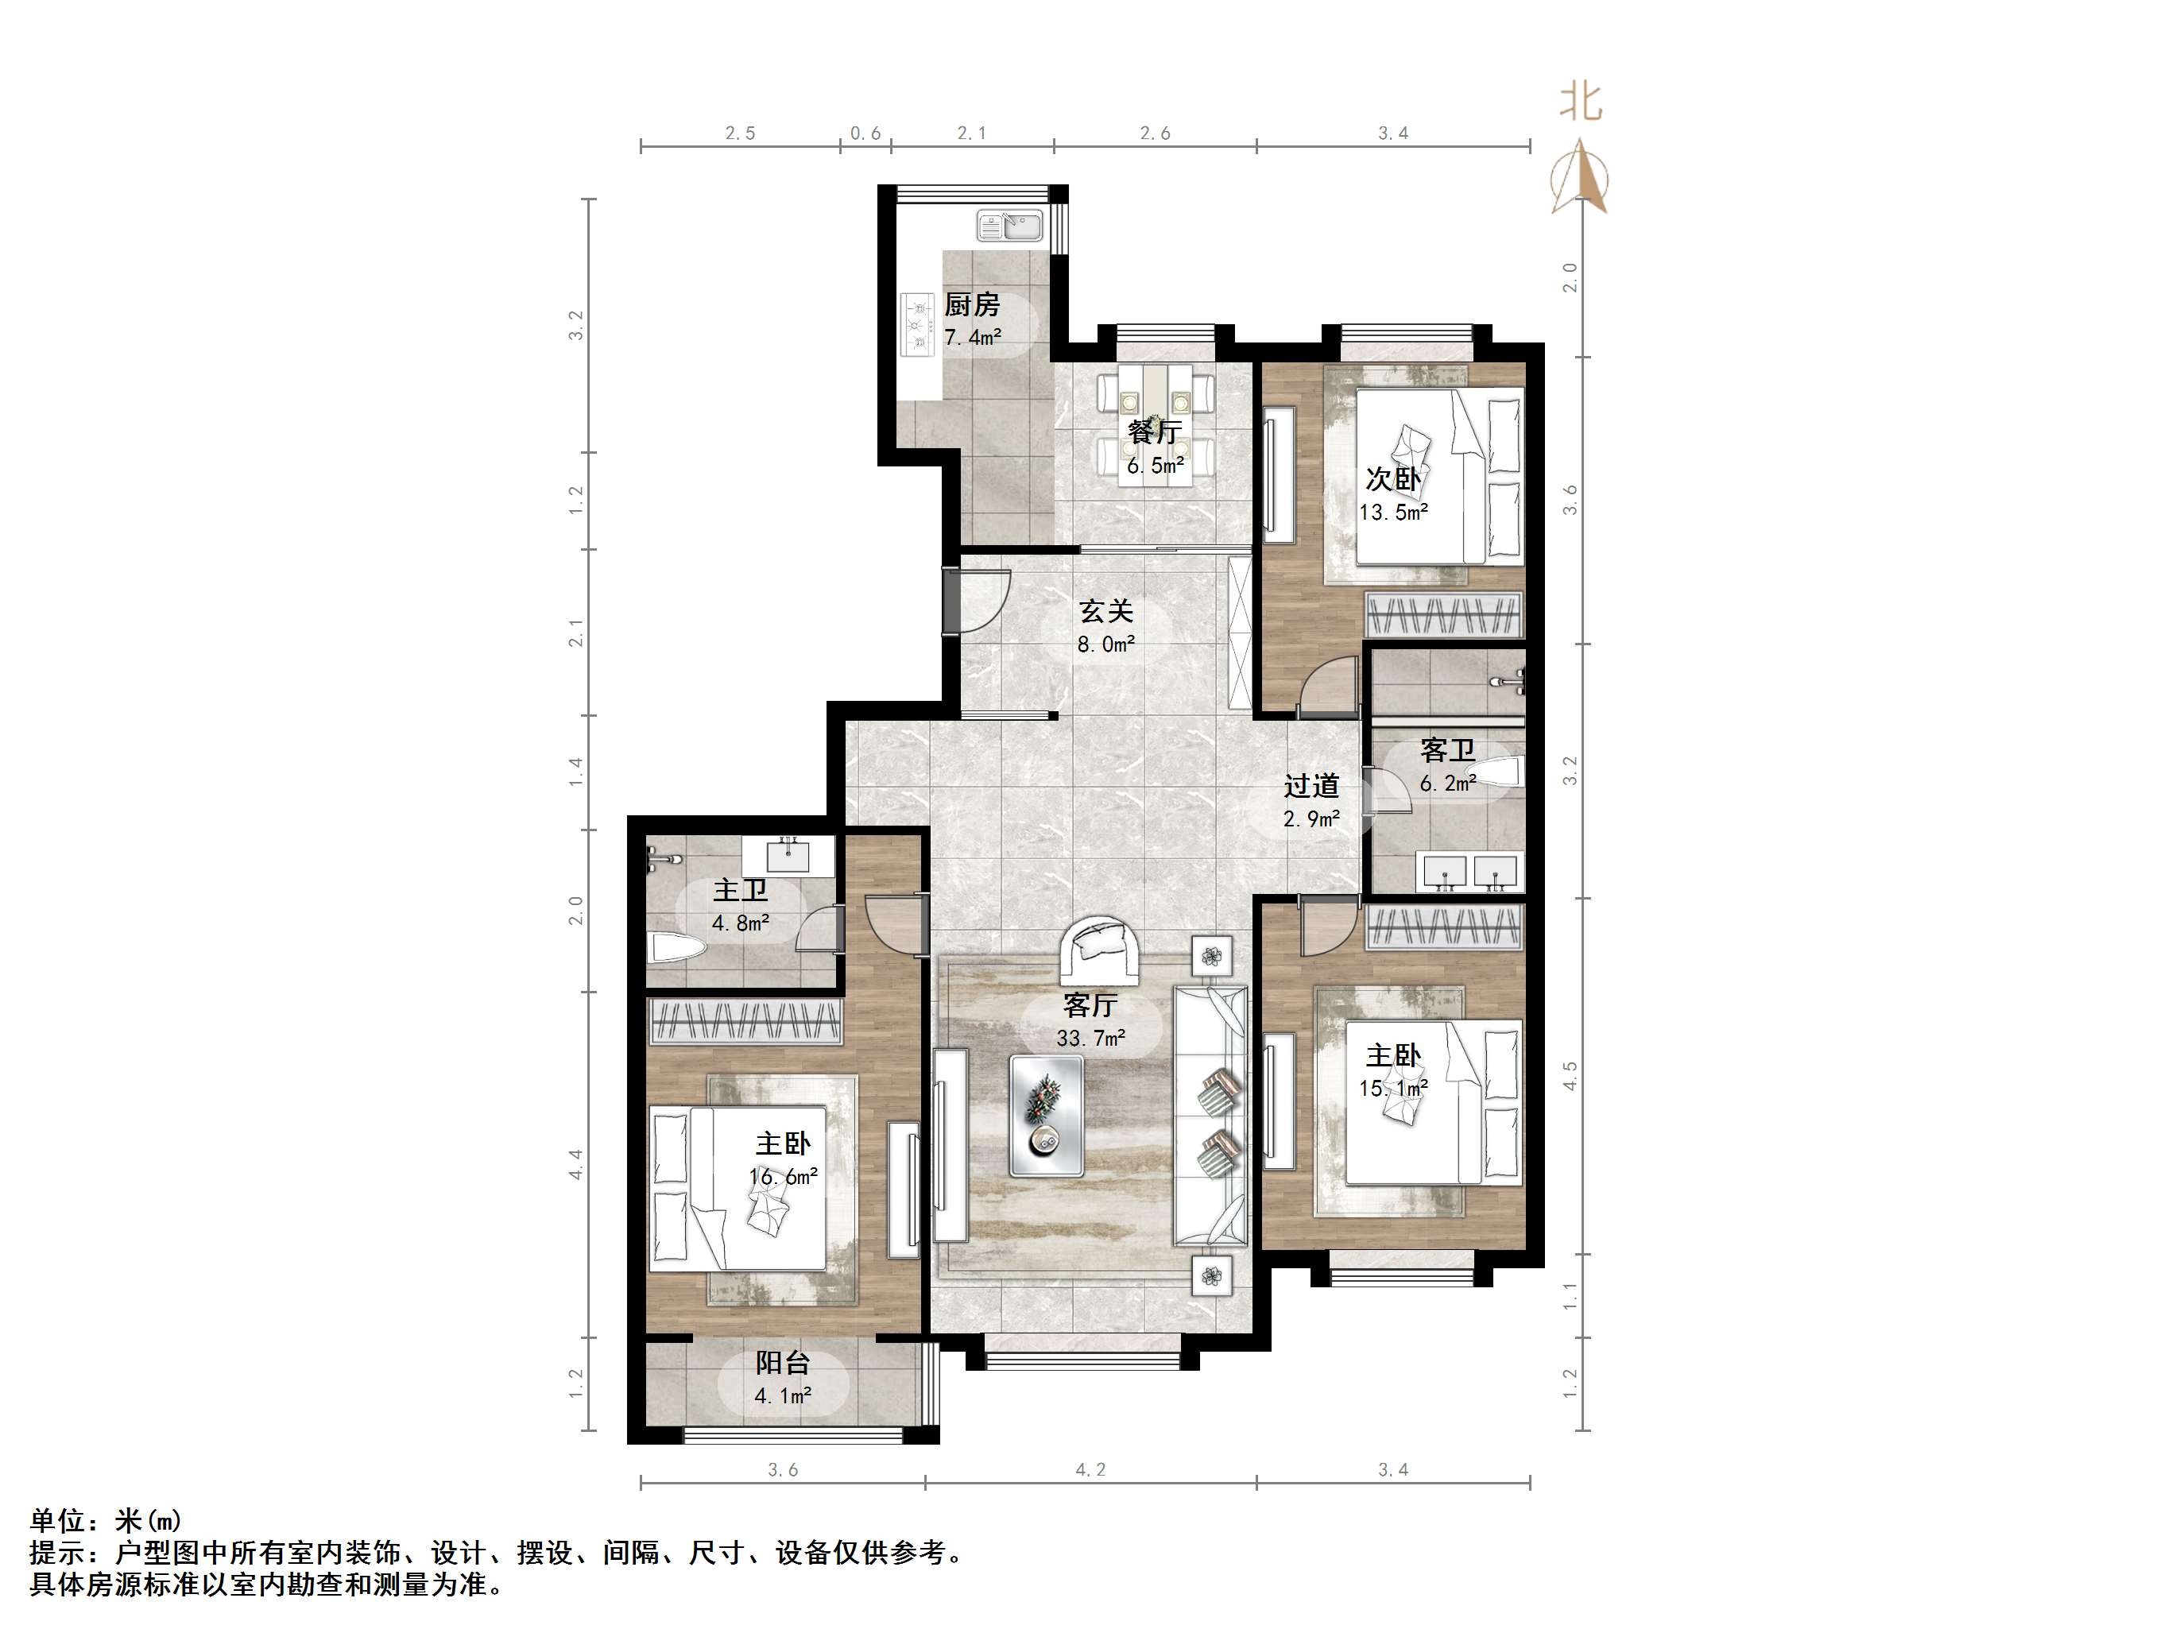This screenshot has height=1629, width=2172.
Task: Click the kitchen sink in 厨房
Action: point(1010,226)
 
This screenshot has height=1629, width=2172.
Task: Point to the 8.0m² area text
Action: point(1105,645)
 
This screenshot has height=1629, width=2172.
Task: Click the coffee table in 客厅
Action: point(1047,1116)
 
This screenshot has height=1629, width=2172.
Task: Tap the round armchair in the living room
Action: point(1100,949)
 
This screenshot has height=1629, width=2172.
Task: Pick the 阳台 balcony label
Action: point(783,1363)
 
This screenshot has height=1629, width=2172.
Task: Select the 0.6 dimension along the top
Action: point(865,133)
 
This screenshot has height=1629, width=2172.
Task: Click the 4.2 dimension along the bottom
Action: point(1090,1470)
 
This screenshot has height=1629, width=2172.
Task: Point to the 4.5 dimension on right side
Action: point(1570,1075)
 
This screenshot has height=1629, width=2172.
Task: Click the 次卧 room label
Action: point(1392,479)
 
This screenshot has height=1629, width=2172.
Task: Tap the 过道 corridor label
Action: point(1311,786)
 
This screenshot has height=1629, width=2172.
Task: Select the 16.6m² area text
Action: point(783,1176)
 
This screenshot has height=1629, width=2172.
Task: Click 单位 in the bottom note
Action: point(58,1521)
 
